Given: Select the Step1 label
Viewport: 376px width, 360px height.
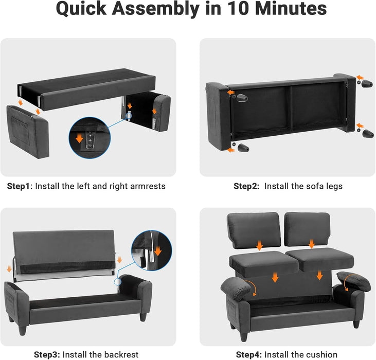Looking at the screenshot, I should tap(19, 186).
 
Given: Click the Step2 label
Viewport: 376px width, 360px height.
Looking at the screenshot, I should tap(246, 186).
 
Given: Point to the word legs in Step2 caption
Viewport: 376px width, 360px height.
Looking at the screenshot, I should tap(333, 186).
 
